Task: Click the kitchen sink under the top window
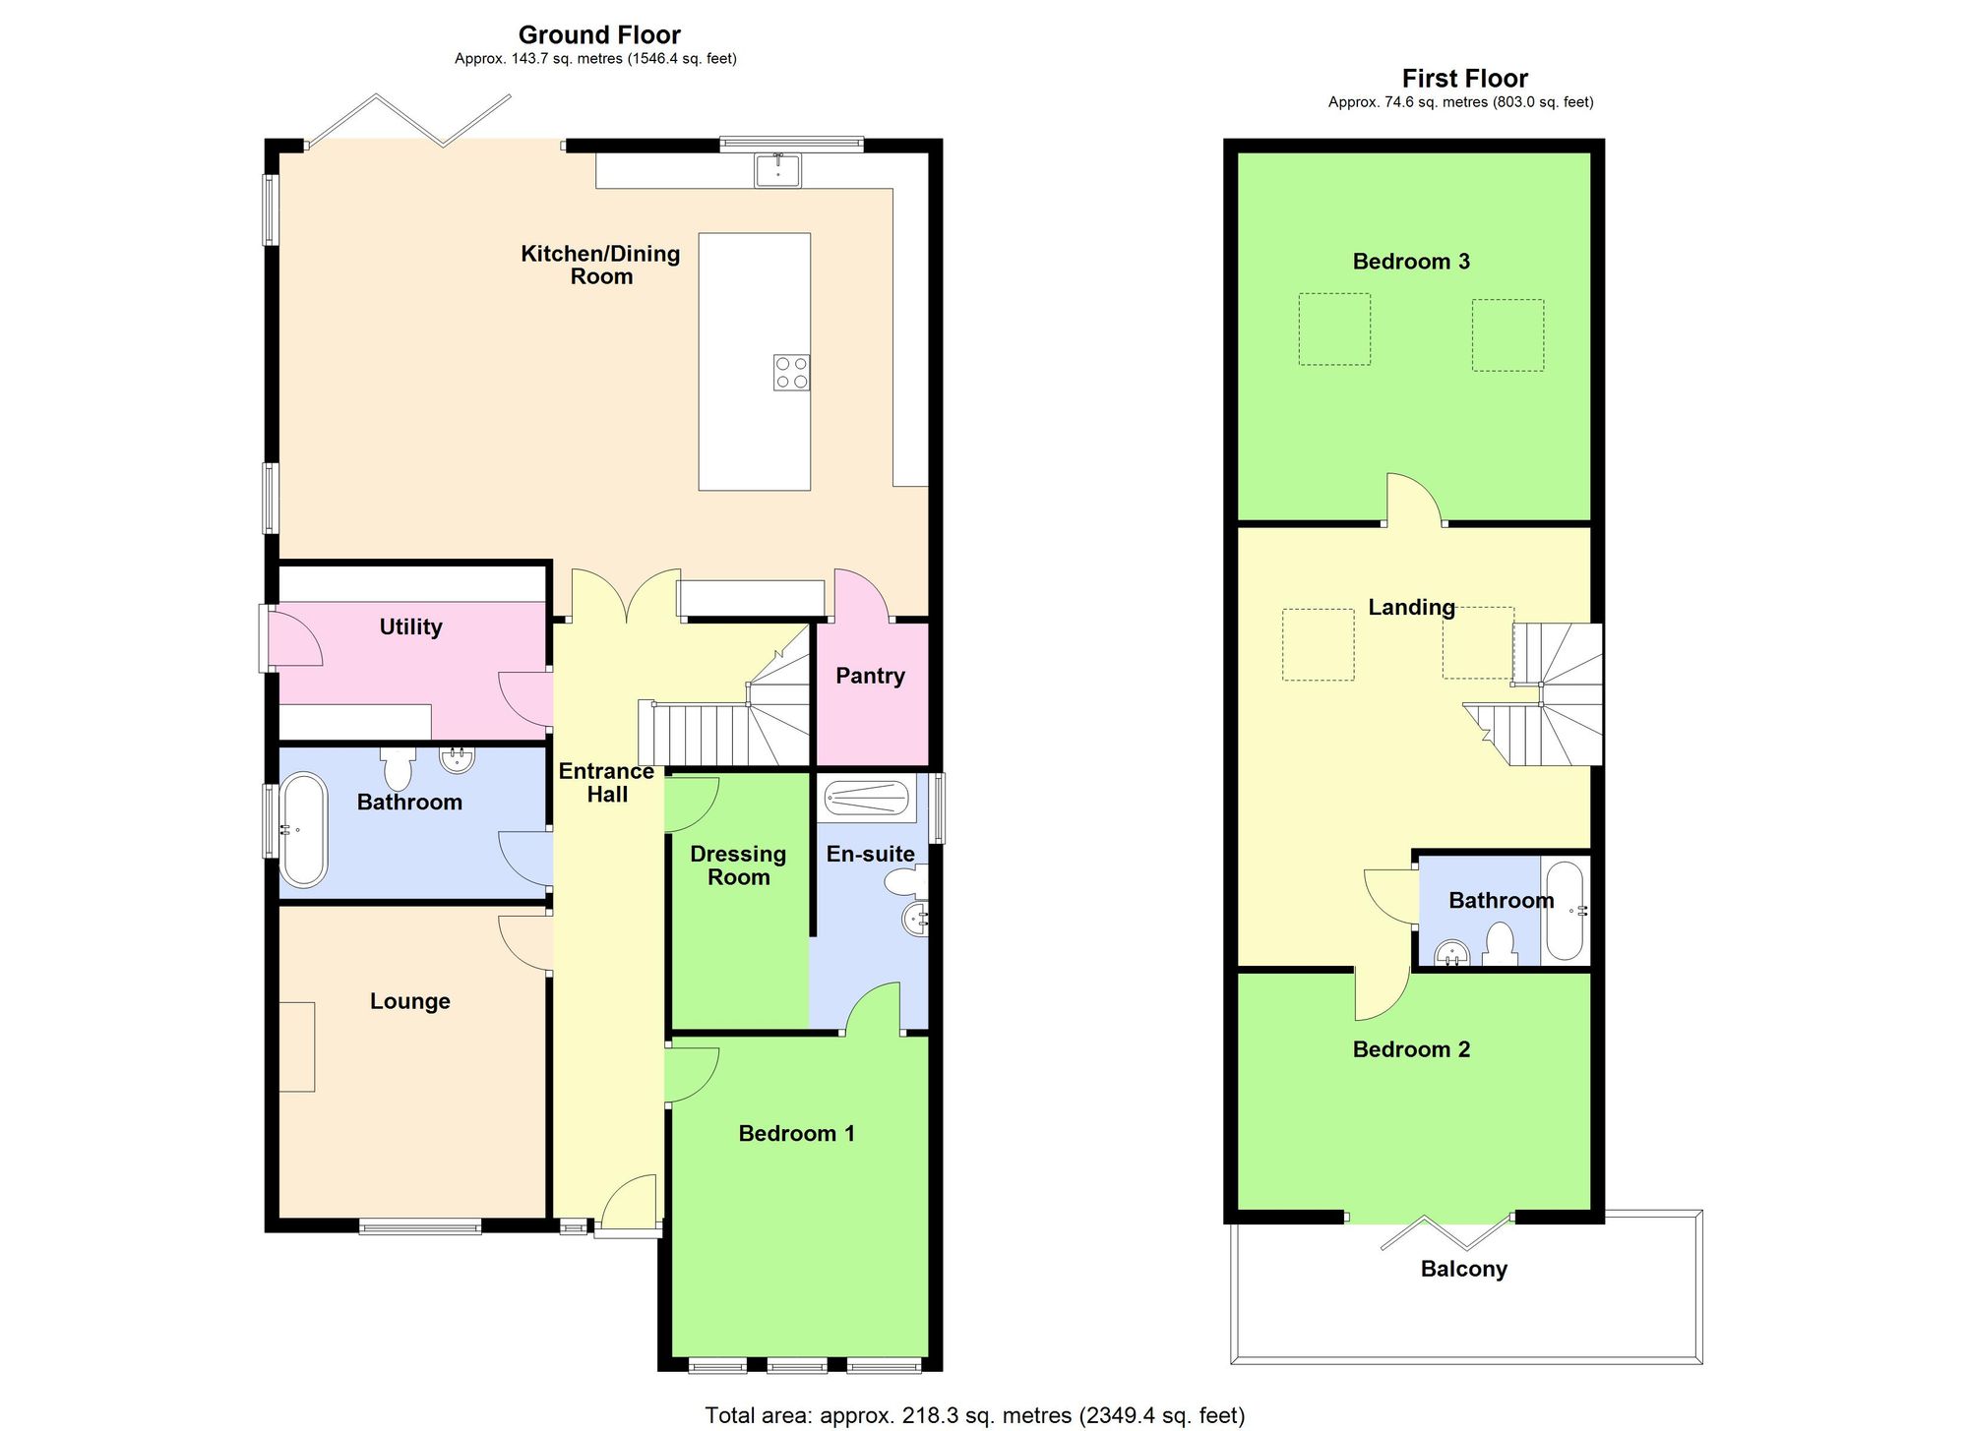(x=777, y=170)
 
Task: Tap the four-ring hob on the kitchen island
(x=791, y=373)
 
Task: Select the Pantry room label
(x=870, y=676)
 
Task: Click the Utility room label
(x=410, y=626)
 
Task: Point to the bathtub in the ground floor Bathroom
(x=303, y=829)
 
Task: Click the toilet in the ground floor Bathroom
(x=399, y=767)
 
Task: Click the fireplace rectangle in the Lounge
(x=297, y=1046)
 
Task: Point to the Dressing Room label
(x=738, y=865)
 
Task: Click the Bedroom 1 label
(x=796, y=1133)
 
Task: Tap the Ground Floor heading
(x=599, y=35)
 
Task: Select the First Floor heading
(x=1464, y=79)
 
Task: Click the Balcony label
(x=1463, y=1269)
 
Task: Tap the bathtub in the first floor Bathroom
(x=1564, y=911)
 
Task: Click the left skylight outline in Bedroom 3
(x=1334, y=329)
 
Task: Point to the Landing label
(x=1411, y=607)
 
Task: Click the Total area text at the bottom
(x=974, y=1415)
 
